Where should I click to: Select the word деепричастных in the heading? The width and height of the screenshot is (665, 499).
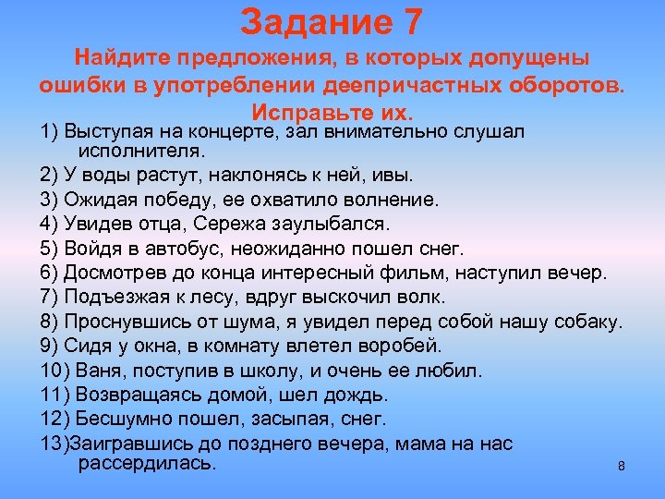[x=398, y=85]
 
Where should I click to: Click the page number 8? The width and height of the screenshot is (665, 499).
[x=622, y=467]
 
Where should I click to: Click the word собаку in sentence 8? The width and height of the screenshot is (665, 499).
[x=591, y=322]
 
